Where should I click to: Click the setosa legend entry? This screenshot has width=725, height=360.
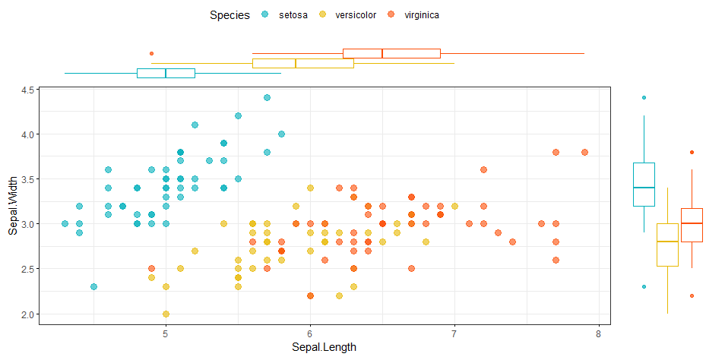point(285,15)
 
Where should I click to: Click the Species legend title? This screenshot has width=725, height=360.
point(230,15)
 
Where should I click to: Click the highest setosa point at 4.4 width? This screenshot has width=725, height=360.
point(267,98)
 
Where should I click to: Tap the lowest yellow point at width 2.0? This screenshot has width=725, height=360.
point(166,314)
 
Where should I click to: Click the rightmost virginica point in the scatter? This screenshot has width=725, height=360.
point(584,152)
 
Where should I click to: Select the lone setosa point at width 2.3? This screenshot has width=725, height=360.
point(93,287)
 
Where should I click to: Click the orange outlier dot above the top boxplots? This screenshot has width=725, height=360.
point(151,53)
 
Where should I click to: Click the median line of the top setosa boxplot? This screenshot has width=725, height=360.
point(166,73)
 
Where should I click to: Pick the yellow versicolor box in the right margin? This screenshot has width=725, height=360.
point(667,245)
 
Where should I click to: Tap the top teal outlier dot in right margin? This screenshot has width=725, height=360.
point(644,98)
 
